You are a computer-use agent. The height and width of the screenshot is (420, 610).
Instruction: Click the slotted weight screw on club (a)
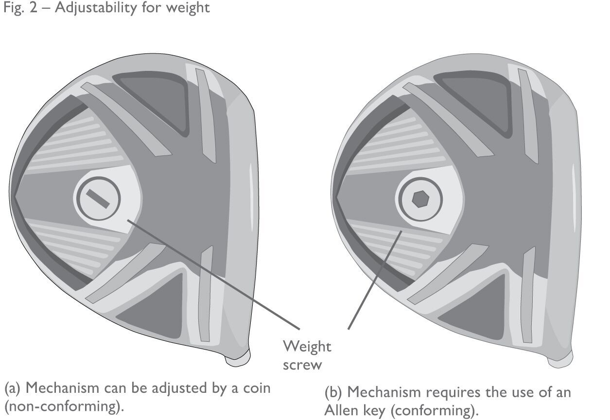(97, 198)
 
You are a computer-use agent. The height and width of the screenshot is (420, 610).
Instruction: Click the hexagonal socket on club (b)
(419, 199)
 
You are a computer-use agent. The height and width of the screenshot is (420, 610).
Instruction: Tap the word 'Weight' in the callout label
(307, 346)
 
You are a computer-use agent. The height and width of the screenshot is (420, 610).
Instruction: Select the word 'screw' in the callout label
(302, 364)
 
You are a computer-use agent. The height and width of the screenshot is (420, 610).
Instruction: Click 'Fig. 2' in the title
(20, 8)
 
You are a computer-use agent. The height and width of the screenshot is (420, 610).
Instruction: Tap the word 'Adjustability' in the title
(92, 9)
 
